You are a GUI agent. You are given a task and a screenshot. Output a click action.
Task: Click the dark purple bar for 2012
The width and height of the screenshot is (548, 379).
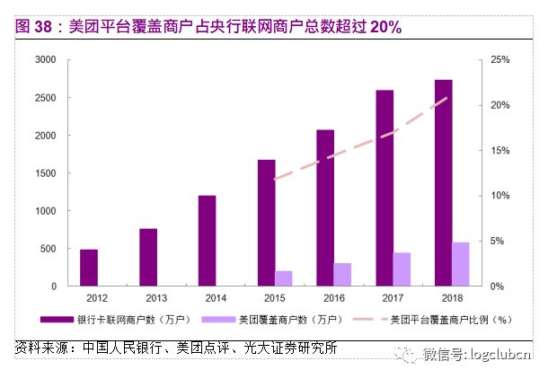click(x=89, y=268)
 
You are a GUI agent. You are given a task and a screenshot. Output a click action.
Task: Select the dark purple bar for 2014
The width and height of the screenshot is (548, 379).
click(x=208, y=241)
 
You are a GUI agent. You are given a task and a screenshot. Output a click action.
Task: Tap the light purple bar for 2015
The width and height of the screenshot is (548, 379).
click(x=284, y=278)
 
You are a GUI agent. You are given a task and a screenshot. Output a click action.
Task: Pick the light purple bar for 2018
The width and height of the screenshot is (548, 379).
click(x=461, y=264)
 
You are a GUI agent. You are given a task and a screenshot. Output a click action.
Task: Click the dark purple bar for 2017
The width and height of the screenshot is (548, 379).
click(x=384, y=188)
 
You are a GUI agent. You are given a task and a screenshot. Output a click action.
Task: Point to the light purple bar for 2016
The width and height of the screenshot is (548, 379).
click(x=342, y=275)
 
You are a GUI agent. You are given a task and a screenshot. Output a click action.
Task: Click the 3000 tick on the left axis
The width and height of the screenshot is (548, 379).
click(x=46, y=60)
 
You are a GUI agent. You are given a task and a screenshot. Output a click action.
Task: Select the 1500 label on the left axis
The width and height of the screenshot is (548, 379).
click(x=46, y=173)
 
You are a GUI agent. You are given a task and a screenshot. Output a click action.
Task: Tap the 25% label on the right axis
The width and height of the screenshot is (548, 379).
click(x=500, y=60)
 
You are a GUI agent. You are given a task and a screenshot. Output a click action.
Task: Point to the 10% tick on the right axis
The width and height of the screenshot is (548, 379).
click(x=500, y=196)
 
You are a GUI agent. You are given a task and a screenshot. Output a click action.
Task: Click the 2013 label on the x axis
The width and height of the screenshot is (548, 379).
click(x=156, y=298)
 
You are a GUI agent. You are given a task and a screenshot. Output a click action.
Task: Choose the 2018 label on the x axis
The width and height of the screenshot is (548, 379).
click(x=452, y=298)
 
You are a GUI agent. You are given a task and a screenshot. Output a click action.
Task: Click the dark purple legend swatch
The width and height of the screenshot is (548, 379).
click(x=57, y=320)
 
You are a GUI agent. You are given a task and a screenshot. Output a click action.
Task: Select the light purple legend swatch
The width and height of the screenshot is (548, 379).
click(x=219, y=320)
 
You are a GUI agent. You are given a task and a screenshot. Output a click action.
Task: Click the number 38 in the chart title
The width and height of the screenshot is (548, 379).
click(x=43, y=27)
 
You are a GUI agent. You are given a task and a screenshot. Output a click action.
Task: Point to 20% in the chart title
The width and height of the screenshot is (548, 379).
click(x=385, y=27)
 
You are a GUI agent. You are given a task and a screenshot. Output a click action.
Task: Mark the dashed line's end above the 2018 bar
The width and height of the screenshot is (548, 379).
click(x=447, y=98)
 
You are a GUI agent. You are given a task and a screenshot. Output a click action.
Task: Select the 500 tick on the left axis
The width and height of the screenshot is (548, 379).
click(x=49, y=249)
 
